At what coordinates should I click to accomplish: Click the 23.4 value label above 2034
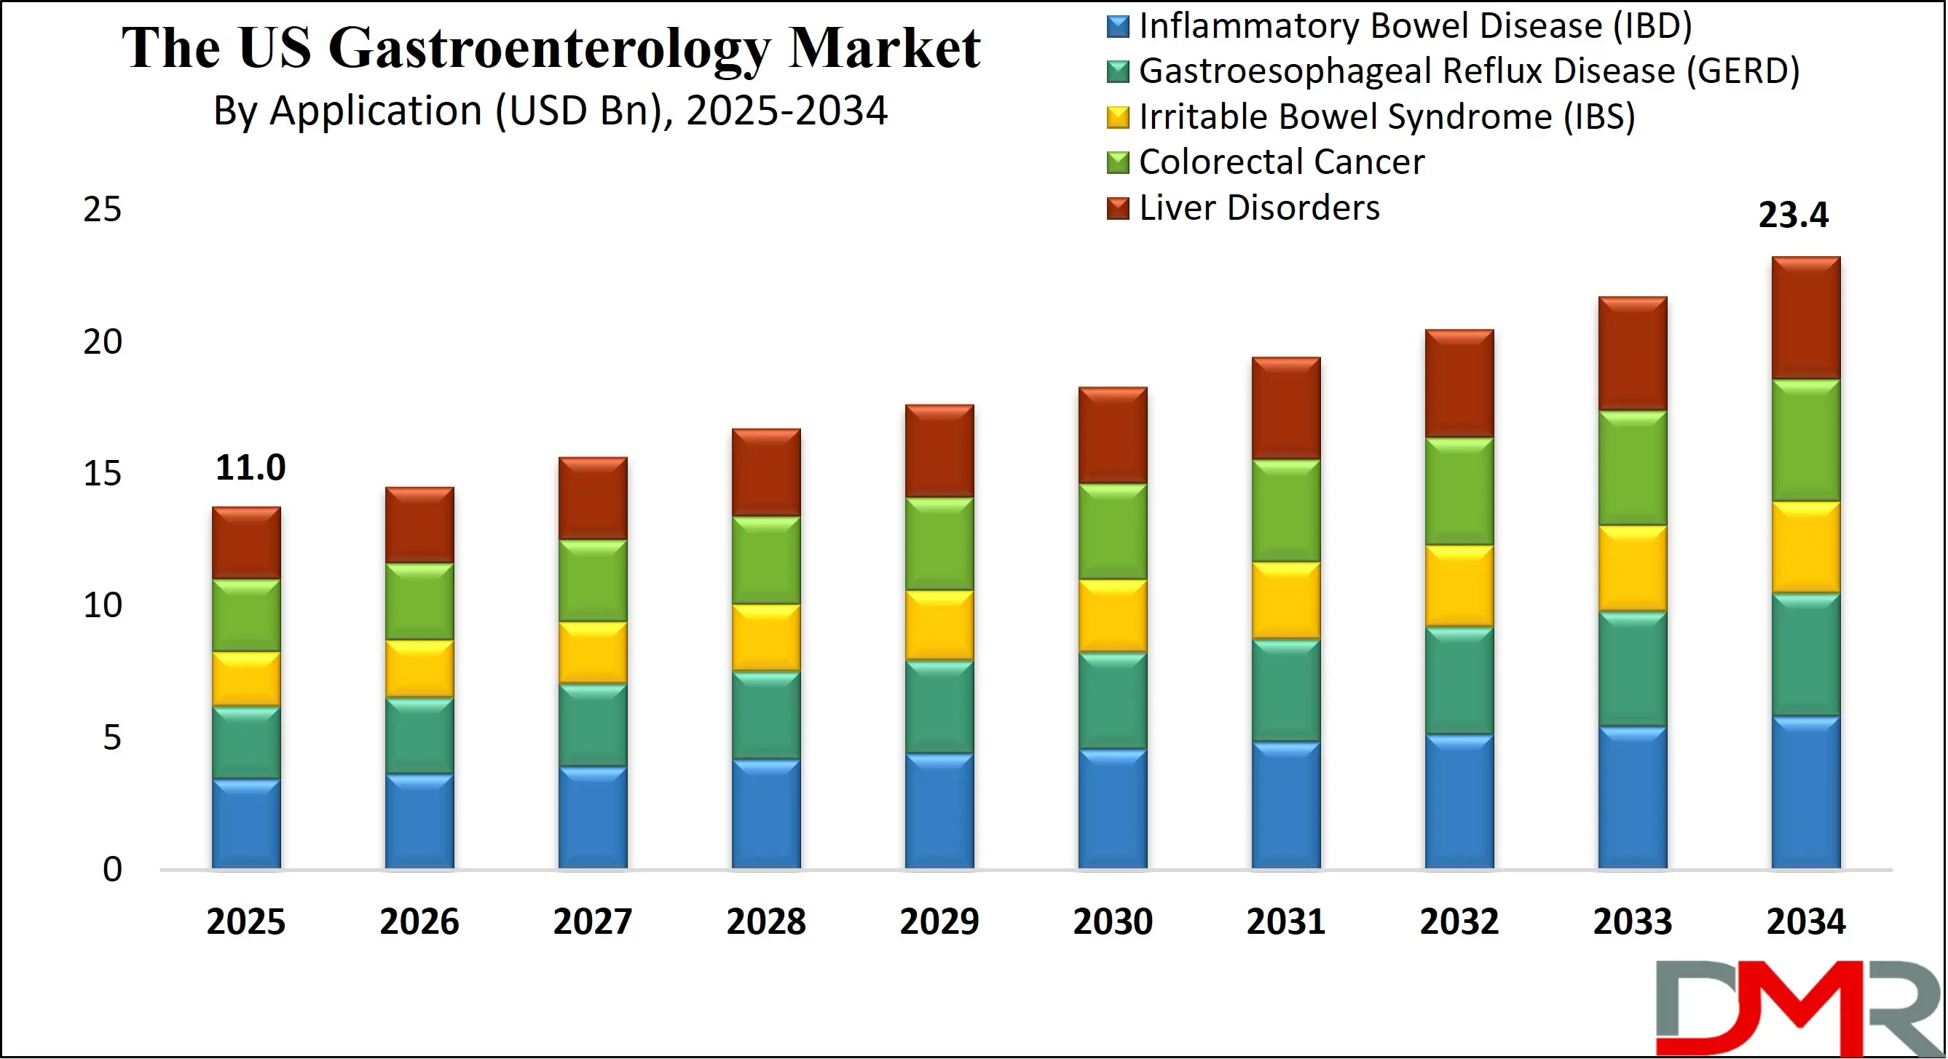[1792, 215]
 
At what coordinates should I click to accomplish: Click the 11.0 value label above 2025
[251, 468]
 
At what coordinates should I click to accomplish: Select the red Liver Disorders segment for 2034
[1806, 318]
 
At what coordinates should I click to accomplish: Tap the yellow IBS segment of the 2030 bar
[1113, 616]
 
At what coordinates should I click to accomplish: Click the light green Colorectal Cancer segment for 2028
[766, 560]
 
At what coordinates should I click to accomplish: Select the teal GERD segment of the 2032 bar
[1459, 681]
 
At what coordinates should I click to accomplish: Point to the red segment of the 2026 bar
[419, 525]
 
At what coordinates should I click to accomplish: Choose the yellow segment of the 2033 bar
[1633, 568]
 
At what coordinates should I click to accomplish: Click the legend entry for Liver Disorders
[1258, 208]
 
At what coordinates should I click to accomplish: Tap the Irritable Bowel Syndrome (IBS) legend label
[1386, 117]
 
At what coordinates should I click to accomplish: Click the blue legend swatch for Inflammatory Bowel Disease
[1118, 26]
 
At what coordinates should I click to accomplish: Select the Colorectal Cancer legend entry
[1281, 162]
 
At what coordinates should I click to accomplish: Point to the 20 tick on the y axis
[102, 342]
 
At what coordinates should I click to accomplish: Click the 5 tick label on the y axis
[112, 738]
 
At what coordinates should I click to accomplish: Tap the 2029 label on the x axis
[939, 922]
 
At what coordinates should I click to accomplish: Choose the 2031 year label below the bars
[1285, 922]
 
